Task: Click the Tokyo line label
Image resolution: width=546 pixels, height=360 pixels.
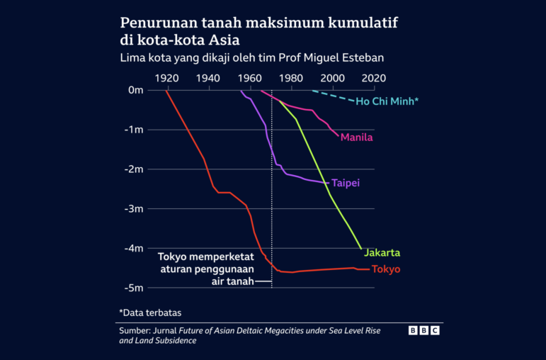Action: pos(386,269)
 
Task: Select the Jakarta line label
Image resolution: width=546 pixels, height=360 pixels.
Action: pos(382,252)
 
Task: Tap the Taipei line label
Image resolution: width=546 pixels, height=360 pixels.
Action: pos(346,183)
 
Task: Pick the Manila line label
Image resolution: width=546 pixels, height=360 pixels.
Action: pos(356,137)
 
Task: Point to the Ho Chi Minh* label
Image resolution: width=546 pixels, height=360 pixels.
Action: pos(387,102)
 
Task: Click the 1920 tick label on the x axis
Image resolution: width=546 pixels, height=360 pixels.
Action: pos(166,78)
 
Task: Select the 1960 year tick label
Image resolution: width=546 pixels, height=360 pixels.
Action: pos(249,78)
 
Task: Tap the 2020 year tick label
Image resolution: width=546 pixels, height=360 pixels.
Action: pos(374,78)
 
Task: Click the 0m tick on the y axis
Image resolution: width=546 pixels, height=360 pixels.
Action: pos(135,90)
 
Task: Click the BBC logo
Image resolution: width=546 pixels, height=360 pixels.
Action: pos(424,330)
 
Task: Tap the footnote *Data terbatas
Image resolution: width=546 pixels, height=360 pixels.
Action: pos(149,312)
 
